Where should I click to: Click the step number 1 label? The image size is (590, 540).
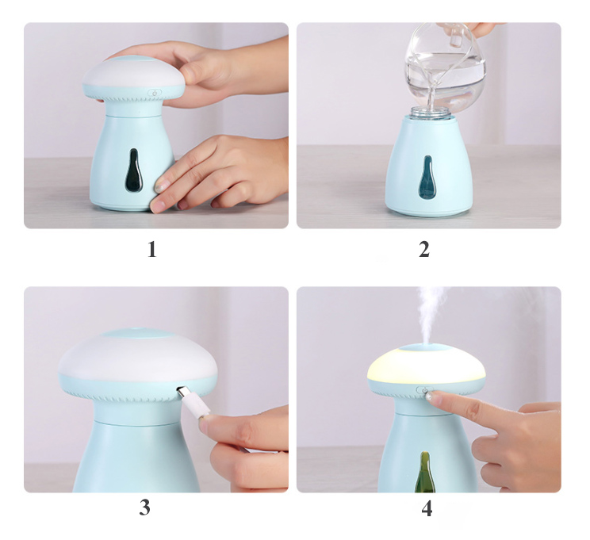(151, 250)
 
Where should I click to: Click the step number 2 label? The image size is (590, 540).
(424, 250)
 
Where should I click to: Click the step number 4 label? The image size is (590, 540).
(427, 508)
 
